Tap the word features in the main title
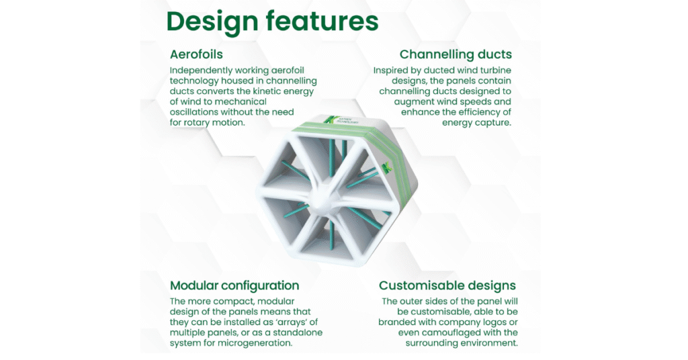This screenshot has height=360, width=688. pyautogui.click(x=322, y=21)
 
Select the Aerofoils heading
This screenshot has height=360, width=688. pyautogui.click(x=196, y=54)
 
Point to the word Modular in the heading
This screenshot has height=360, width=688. pyautogui.click(x=194, y=285)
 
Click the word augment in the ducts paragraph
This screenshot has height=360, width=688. pyautogui.click(x=413, y=102)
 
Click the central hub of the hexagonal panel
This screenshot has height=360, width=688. pyautogui.click(x=325, y=194)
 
